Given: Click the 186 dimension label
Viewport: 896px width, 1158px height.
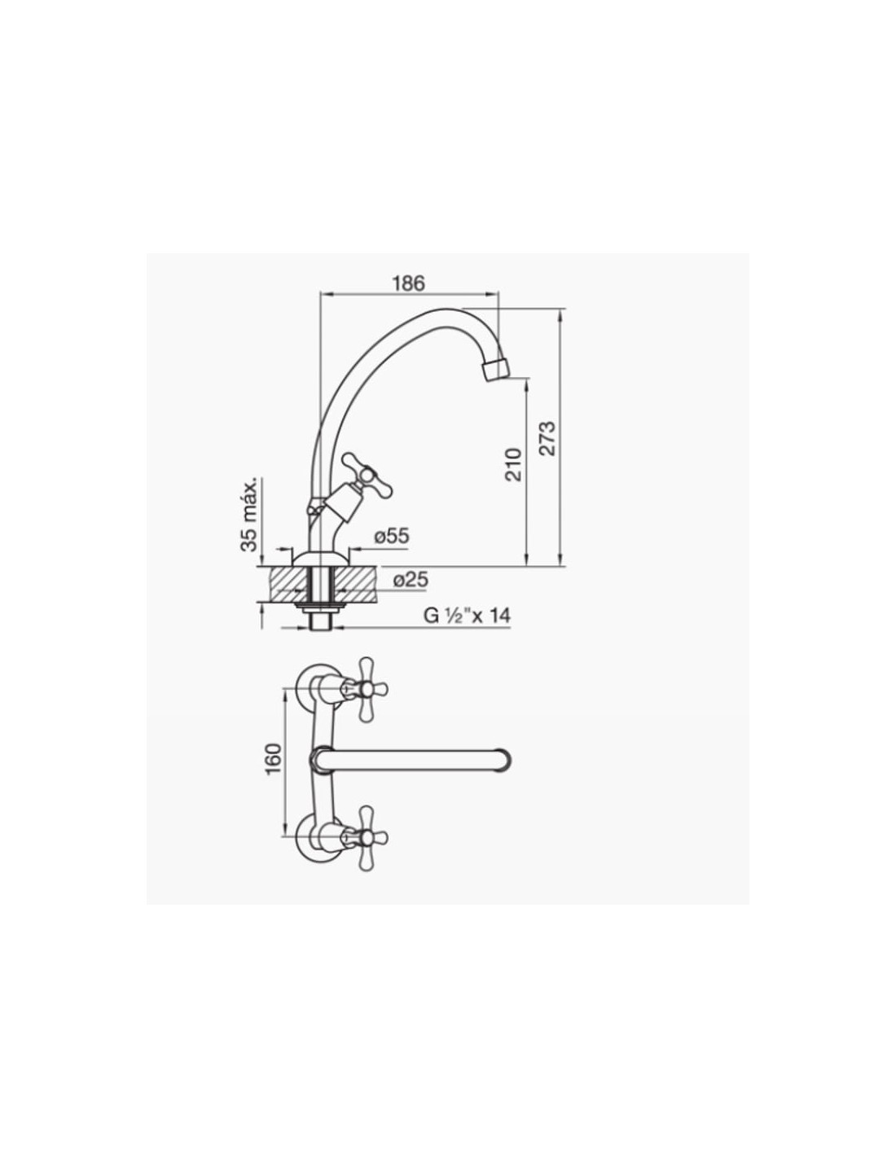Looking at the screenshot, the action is click(409, 283).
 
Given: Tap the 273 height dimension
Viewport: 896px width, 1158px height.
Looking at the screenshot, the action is click(547, 438).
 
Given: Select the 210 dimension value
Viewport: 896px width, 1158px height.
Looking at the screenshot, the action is click(513, 465).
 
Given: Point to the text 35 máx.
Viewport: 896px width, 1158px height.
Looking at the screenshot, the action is click(249, 514).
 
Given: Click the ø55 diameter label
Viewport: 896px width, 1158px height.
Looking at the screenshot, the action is click(392, 536).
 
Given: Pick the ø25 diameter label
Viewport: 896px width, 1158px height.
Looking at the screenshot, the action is click(411, 579).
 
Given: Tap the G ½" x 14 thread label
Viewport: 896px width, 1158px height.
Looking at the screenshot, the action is click(467, 616).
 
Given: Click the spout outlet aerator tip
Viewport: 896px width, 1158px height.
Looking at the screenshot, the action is click(494, 369).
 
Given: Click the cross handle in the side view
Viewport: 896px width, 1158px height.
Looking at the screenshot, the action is click(367, 473).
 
